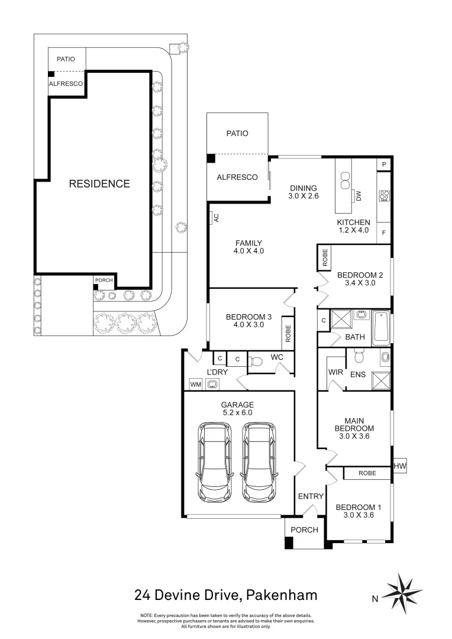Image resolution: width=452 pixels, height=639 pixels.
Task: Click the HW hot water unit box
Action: point(400,467)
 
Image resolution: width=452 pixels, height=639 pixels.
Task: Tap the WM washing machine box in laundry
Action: point(195,385)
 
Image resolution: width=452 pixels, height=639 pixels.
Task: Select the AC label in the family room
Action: point(216,218)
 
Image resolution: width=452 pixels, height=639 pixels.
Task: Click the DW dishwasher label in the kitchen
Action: point(359,196)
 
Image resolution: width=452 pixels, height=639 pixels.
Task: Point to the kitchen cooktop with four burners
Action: point(384,195)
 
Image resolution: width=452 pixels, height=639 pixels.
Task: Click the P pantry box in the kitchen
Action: point(384,164)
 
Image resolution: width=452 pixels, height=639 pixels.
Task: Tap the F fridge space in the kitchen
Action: point(384,233)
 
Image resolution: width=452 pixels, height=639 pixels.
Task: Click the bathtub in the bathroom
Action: point(380,328)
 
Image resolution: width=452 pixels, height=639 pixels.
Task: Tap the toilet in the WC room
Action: point(257,362)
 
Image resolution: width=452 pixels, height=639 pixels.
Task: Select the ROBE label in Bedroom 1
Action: point(367,473)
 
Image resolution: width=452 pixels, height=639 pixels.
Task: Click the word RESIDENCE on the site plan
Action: point(99,183)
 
